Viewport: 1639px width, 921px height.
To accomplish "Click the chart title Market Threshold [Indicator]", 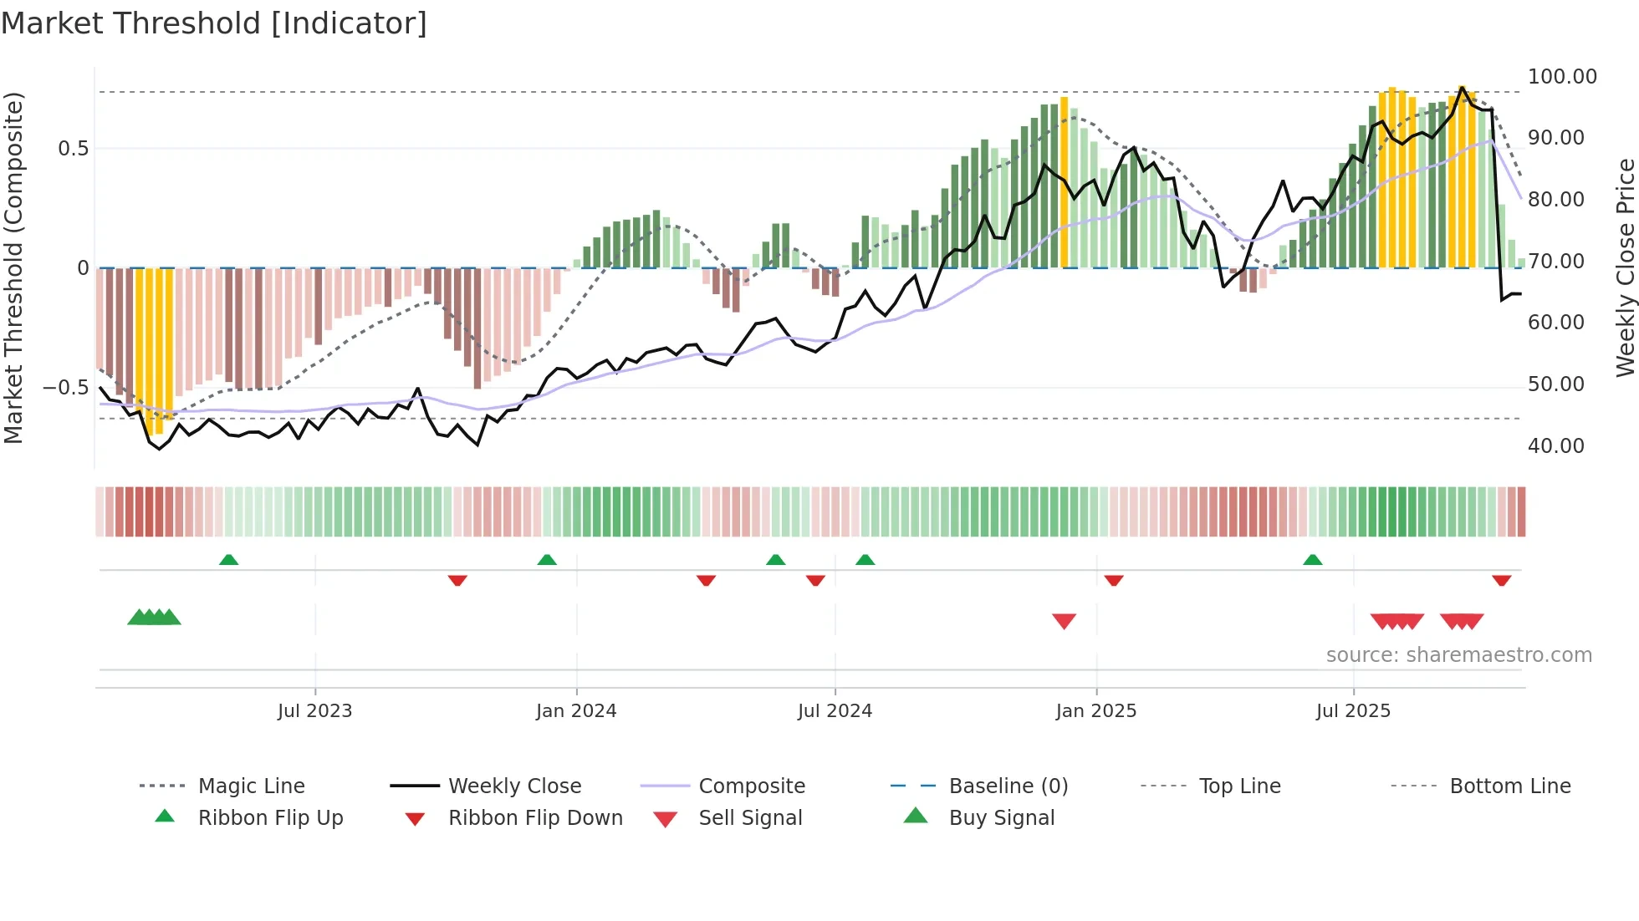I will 214,23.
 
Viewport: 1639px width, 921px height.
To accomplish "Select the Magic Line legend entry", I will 251,786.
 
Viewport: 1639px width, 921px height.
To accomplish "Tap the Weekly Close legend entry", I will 514,786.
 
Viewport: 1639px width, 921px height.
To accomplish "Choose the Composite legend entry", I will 751,786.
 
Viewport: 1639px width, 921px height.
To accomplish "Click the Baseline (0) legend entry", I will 1008,786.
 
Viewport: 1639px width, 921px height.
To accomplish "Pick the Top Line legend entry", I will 1239,786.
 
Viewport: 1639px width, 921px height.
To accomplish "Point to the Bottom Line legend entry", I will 1509,786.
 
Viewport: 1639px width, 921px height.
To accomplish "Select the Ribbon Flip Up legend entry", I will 270,818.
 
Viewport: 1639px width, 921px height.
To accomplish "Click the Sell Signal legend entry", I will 749,818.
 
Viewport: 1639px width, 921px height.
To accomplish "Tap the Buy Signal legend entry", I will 1001,818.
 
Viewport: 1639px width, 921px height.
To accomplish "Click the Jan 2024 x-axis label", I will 576,711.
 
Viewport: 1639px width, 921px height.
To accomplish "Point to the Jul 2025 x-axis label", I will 1353,711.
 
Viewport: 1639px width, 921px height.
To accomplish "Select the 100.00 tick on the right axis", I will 1561,77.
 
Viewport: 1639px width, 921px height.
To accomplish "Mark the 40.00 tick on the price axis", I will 1555,446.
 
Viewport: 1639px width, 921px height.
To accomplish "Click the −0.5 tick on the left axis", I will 65,388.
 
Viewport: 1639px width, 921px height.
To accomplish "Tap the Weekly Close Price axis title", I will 1625,267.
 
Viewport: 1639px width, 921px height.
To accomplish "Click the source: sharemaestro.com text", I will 1458,655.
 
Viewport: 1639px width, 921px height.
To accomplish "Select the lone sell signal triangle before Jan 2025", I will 1064,621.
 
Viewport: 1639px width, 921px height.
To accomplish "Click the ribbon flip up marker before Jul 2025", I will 1312,560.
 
